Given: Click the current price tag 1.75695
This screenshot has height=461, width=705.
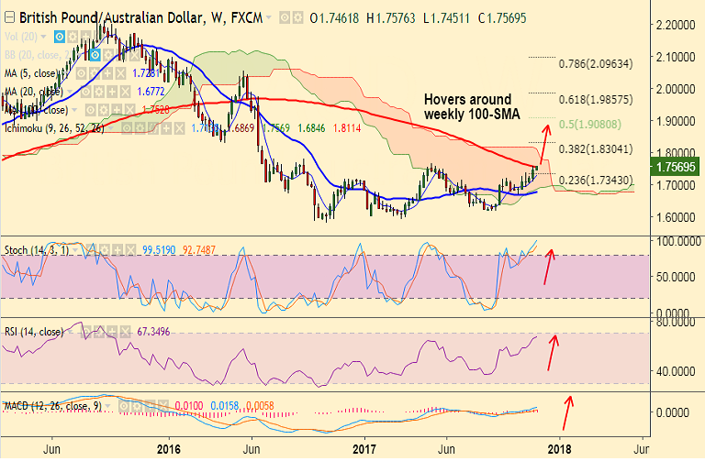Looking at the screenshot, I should click(x=676, y=168).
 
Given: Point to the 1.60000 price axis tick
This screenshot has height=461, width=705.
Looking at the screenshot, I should click(x=674, y=217).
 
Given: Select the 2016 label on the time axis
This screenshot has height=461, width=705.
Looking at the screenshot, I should click(x=170, y=448).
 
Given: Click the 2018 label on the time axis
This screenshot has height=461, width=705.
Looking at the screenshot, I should click(x=558, y=448).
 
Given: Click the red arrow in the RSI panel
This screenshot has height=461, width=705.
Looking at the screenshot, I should click(x=553, y=352).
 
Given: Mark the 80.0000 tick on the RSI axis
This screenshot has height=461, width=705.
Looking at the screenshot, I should click(x=674, y=323).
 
